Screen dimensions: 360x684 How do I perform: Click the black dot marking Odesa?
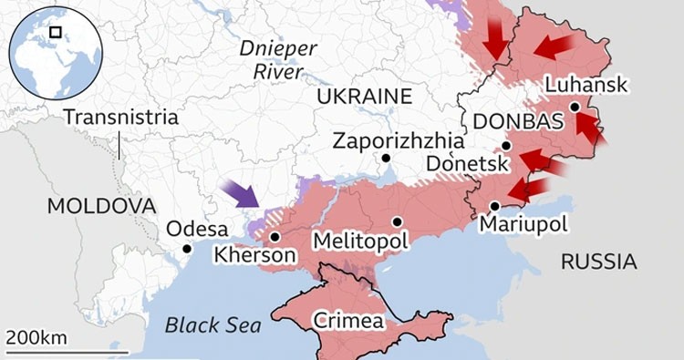tap(187, 249)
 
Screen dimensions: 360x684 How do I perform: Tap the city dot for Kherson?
tap(275, 236)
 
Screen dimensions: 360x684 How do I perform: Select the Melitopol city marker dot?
tap(398, 221)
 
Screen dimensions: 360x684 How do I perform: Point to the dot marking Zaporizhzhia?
tap(386, 158)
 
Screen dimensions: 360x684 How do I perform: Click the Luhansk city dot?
tap(575, 107)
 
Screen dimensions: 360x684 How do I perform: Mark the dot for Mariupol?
tap(494, 206)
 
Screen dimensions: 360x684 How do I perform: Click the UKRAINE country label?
tap(365, 97)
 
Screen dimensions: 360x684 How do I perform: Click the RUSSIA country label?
tap(598, 262)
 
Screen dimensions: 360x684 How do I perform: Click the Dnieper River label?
tap(278, 58)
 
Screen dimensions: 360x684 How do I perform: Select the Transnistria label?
tap(121, 118)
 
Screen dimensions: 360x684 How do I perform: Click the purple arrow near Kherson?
tap(241, 194)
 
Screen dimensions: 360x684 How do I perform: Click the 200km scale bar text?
tap(36, 338)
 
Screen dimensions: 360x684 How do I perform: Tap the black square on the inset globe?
tap(56, 32)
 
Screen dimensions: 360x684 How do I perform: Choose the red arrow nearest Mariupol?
tap(527, 190)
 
